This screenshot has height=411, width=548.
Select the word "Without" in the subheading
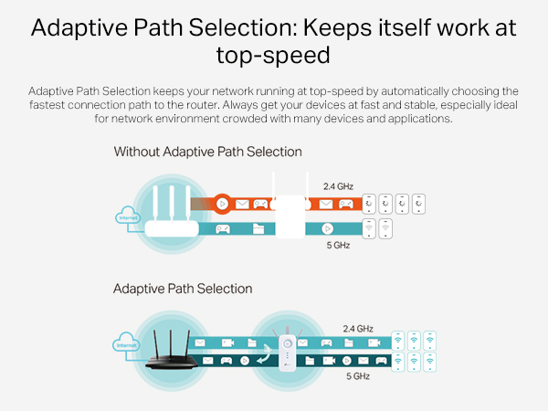pyautogui.click(x=141, y=152)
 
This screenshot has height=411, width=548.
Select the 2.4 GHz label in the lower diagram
pyautogui.click(x=357, y=328)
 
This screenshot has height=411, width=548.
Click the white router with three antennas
pyautogui.click(x=173, y=219)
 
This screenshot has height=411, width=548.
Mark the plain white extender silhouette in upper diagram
pyautogui.click(x=289, y=209)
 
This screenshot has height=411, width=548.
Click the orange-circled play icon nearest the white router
pyautogui.click(x=220, y=205)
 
